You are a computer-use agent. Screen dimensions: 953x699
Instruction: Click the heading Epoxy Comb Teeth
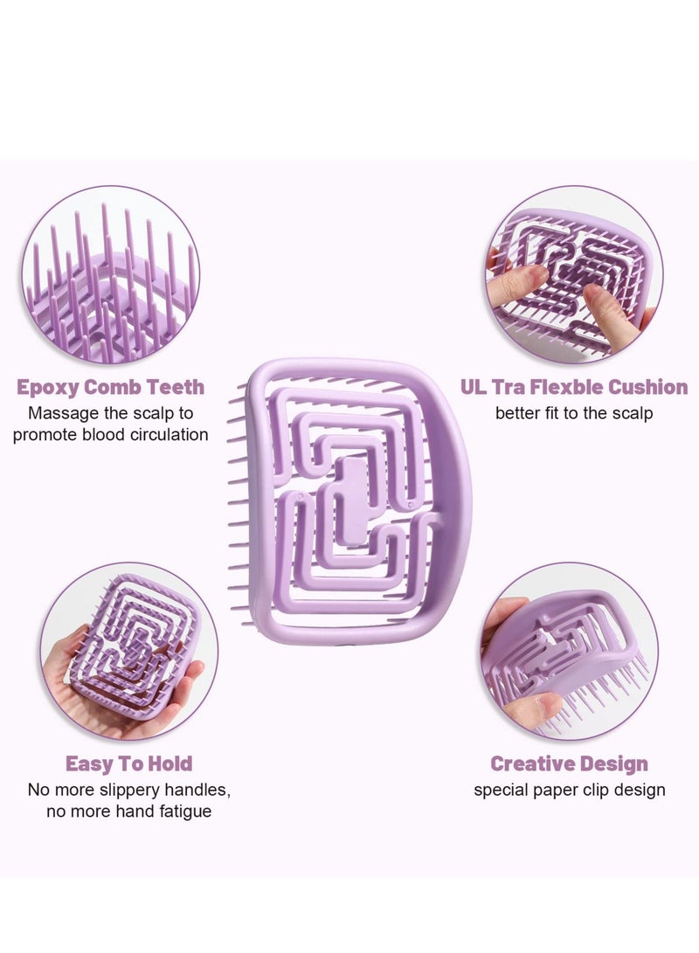coord(110,387)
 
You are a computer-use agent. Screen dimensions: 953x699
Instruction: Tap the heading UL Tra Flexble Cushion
coord(574,387)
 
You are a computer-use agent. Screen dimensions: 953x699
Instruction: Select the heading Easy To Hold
coord(128,764)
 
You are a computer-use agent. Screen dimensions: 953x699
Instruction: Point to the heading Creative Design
coord(569,764)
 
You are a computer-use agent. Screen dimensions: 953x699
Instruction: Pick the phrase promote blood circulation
coord(110,434)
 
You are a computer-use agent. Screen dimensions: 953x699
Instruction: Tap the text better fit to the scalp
coord(574,413)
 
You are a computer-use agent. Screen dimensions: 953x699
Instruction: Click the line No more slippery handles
coord(128,791)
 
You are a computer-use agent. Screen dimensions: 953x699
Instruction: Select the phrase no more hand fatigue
coord(128,811)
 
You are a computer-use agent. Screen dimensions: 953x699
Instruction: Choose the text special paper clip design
coord(569,791)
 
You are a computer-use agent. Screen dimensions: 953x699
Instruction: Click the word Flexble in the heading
coord(572,387)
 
